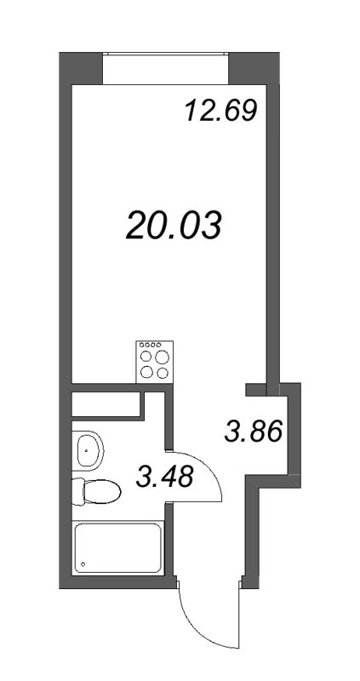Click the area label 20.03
(174, 225)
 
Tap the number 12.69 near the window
(220, 111)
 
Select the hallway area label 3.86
(252, 432)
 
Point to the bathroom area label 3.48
(164, 477)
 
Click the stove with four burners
(152, 360)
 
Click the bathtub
(118, 549)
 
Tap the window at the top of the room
(167, 68)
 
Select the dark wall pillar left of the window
(82, 68)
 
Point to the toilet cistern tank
(77, 492)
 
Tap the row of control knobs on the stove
(152, 345)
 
